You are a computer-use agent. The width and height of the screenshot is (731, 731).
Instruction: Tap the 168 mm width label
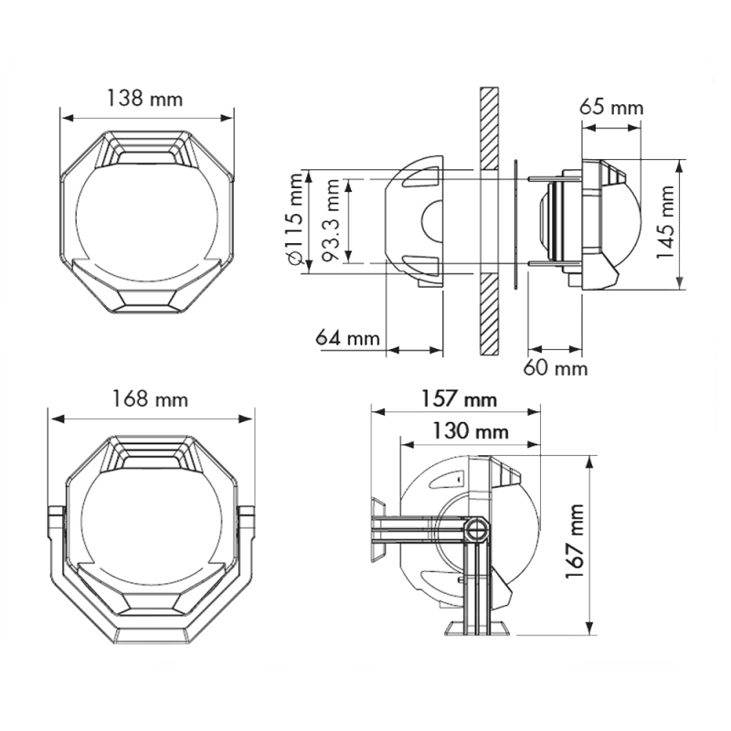point(150,399)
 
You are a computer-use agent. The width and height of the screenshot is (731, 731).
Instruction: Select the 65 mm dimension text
point(611,107)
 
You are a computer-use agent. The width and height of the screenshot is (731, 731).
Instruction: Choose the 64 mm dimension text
point(347,338)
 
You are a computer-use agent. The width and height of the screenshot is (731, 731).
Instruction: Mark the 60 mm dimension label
point(556,368)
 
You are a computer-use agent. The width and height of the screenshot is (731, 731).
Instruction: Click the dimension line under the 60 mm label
point(556,348)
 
